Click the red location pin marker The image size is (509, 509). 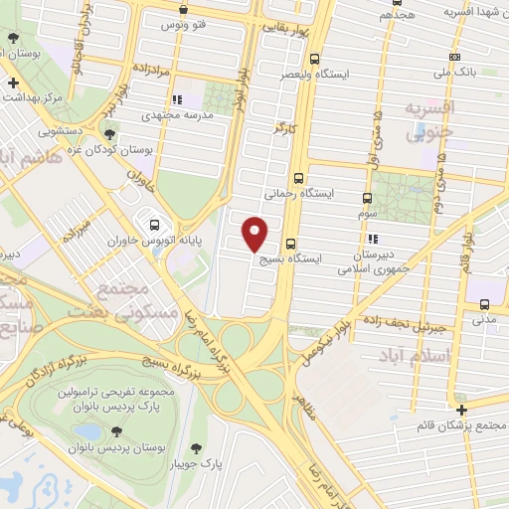click(256, 233)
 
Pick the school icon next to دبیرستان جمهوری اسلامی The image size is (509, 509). click(373, 239)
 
